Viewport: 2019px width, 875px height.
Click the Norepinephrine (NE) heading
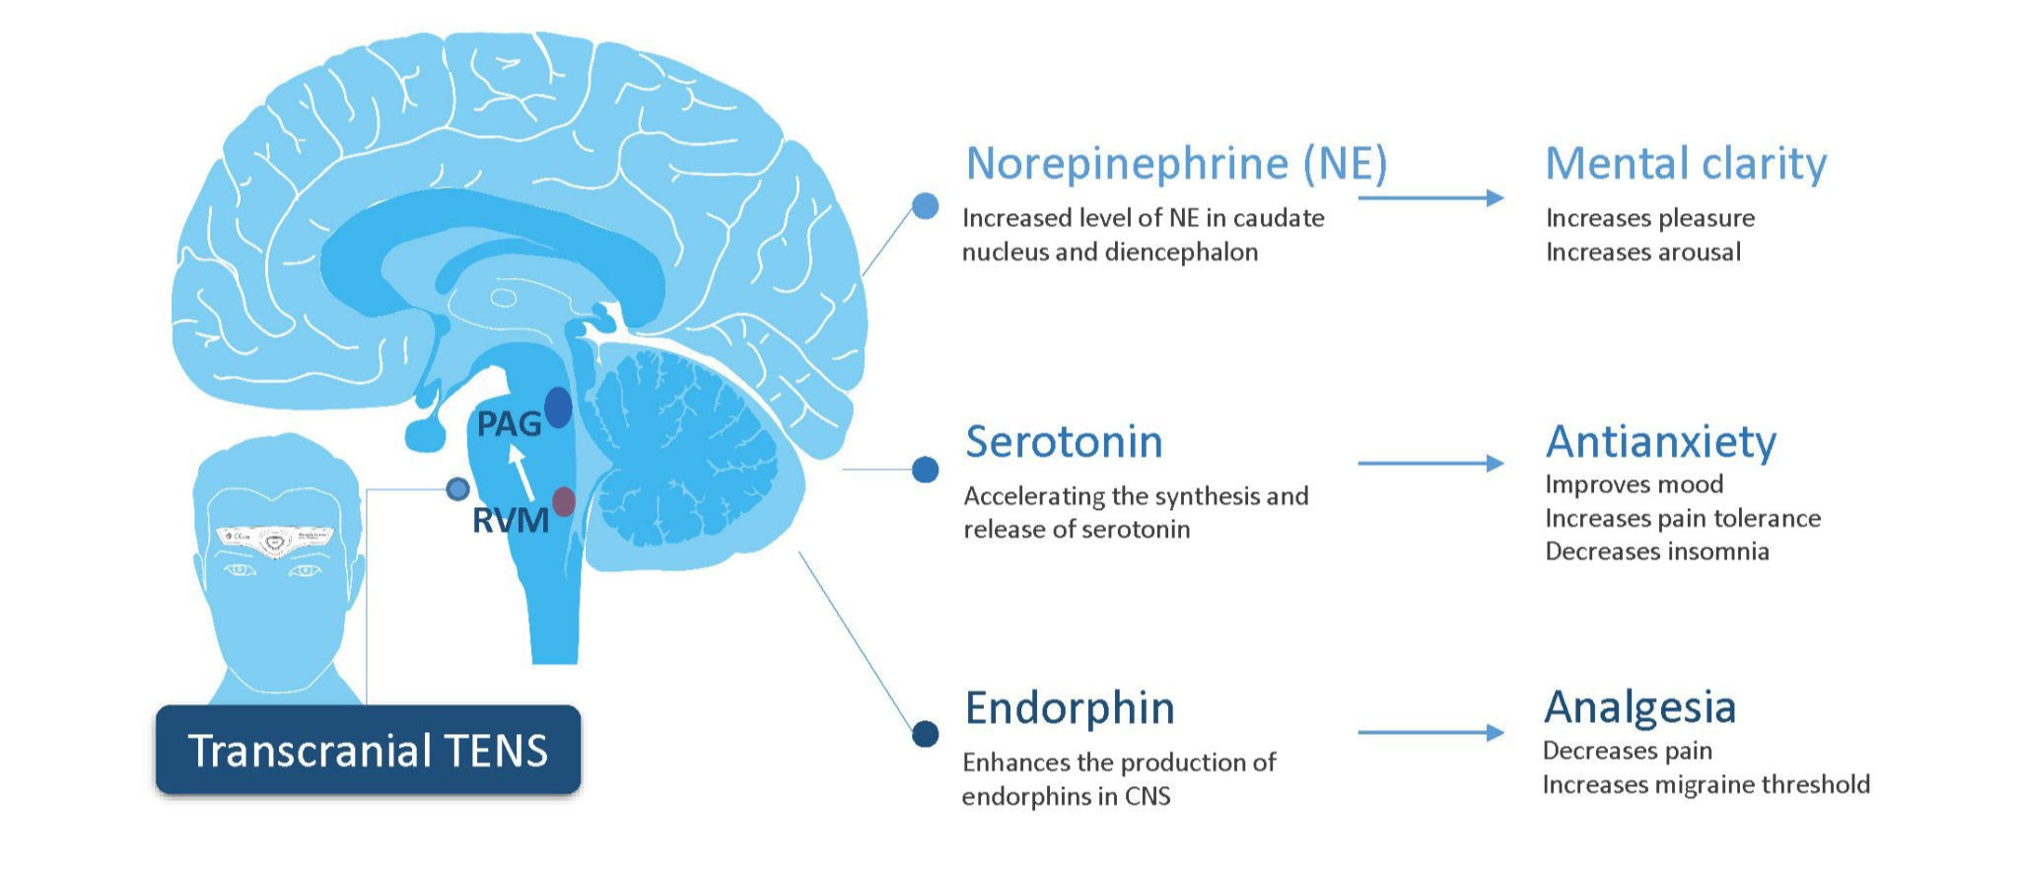(1175, 164)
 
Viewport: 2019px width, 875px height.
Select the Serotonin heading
(1064, 442)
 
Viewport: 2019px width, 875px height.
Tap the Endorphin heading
(1070, 708)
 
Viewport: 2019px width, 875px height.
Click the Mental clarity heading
(1685, 164)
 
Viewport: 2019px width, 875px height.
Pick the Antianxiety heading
(1660, 442)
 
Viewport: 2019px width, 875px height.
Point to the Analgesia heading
(1639, 707)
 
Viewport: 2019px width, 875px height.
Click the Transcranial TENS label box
(368, 751)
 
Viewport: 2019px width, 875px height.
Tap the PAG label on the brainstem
(508, 425)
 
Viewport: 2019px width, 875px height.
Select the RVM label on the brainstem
(509, 521)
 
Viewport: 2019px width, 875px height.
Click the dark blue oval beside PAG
(558, 407)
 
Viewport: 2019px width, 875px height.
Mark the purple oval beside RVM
(563, 501)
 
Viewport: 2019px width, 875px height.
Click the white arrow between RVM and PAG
(522, 473)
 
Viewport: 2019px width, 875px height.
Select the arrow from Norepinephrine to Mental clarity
(1429, 198)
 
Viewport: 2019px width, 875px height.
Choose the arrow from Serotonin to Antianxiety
(1429, 464)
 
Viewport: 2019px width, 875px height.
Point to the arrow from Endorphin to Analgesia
(1429, 733)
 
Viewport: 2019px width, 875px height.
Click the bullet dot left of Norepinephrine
(925, 205)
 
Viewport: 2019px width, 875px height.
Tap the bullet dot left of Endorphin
(925, 734)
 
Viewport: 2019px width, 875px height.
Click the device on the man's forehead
(275, 541)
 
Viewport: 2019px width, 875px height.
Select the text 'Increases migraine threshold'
(1706, 785)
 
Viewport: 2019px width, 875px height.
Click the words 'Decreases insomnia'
(1656, 551)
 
